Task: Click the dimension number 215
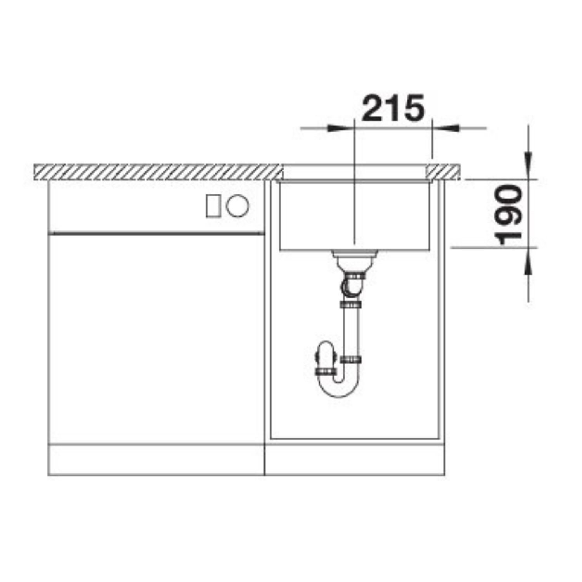coord(392,107)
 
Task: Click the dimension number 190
coord(510,216)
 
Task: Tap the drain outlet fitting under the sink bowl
coord(354,261)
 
